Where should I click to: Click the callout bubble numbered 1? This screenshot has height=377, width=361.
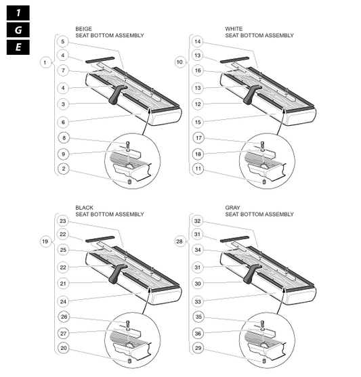(x=45, y=63)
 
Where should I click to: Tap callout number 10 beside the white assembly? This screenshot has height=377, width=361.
(x=179, y=62)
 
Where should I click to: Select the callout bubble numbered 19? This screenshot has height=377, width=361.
(x=45, y=242)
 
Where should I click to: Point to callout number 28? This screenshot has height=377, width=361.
(x=179, y=242)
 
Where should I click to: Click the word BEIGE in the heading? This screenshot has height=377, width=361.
(x=83, y=29)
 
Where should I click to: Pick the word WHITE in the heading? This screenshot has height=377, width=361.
(x=234, y=29)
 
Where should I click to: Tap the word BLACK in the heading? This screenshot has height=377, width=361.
(x=84, y=208)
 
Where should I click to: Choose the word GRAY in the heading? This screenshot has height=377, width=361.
(x=232, y=208)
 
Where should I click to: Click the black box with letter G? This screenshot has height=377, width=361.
(x=18, y=30)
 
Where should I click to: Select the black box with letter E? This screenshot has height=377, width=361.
(x=18, y=47)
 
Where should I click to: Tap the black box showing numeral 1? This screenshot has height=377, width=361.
(x=18, y=13)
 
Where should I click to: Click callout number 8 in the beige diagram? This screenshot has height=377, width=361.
(x=64, y=138)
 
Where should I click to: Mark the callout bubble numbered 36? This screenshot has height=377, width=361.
(x=198, y=334)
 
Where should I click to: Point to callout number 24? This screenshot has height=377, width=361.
(x=63, y=301)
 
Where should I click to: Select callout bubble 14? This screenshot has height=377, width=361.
(x=198, y=41)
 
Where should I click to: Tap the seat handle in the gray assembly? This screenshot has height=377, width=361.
(x=252, y=274)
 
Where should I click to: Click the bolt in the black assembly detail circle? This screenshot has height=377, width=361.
(x=128, y=325)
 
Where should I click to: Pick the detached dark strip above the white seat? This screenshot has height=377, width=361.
(x=234, y=60)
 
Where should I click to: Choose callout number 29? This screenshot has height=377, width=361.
(x=198, y=348)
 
